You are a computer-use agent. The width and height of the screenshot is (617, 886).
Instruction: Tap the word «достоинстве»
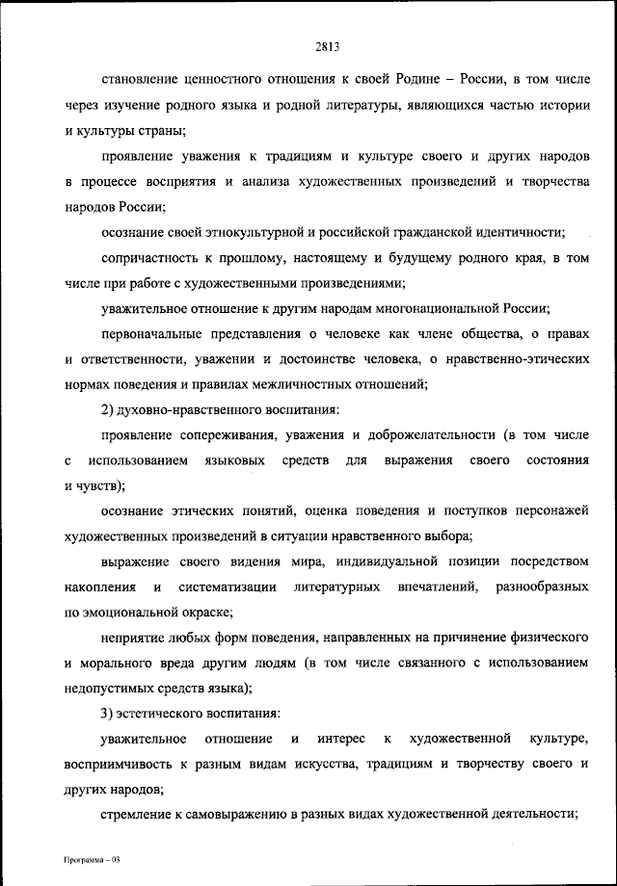(313, 360)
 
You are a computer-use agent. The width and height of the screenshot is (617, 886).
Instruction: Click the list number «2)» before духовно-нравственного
(109, 411)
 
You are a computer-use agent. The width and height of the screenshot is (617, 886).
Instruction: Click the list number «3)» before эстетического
(109, 714)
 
